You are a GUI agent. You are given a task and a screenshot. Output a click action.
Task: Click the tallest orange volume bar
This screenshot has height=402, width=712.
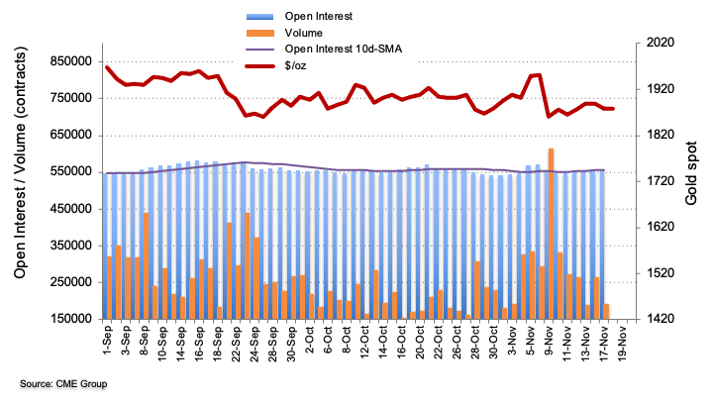coord(551,233)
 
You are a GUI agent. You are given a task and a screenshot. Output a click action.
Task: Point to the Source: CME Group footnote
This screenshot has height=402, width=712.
coord(62,383)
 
